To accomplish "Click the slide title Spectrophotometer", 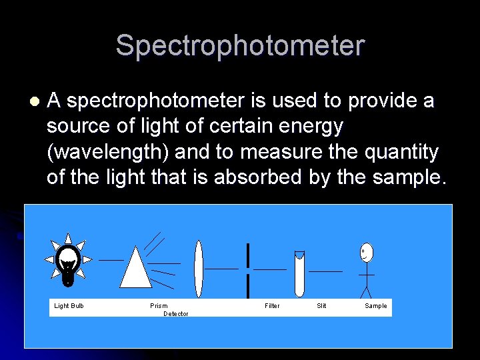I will (x=240, y=46).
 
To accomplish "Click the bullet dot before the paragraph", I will (x=35, y=102).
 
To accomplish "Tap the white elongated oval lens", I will (x=198, y=269).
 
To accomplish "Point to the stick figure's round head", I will (x=366, y=252).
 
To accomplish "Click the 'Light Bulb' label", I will (x=69, y=306).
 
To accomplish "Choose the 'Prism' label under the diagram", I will (x=159, y=306).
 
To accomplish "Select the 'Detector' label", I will (x=176, y=314).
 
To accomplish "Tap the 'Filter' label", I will (x=272, y=306).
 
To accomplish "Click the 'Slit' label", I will (x=321, y=306).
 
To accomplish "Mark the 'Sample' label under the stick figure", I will (x=375, y=306).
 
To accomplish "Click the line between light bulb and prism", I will (x=111, y=259).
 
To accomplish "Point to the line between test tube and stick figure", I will (x=325, y=271).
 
